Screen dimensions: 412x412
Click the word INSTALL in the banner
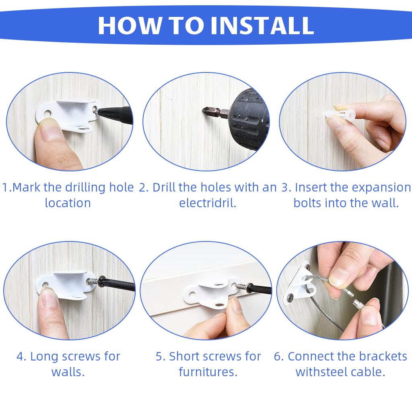[262, 25]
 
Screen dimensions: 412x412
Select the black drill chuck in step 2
[246, 119]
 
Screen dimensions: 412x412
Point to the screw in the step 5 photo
[241, 286]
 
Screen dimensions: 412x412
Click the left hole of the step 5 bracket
[192, 294]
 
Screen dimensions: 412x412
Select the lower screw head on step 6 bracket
[290, 297]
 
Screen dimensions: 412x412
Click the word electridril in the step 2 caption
[208, 203]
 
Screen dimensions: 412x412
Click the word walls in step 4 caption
[68, 372]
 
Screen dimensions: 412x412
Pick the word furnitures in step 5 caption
[208, 372]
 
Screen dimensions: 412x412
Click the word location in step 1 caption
[68, 203]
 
